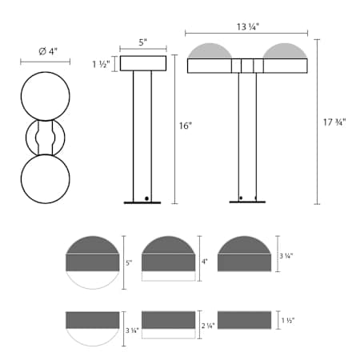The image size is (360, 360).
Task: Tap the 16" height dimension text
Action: pos(186,126)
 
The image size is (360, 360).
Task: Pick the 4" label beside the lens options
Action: pos(206,262)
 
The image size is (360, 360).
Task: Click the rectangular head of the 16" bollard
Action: pos(143,64)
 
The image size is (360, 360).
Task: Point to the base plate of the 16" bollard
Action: pos(142,202)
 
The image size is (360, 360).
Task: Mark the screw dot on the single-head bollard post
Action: pos(146,196)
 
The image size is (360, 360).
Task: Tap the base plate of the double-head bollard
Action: pos(246,202)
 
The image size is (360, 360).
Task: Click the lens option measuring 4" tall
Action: pos(168,258)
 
